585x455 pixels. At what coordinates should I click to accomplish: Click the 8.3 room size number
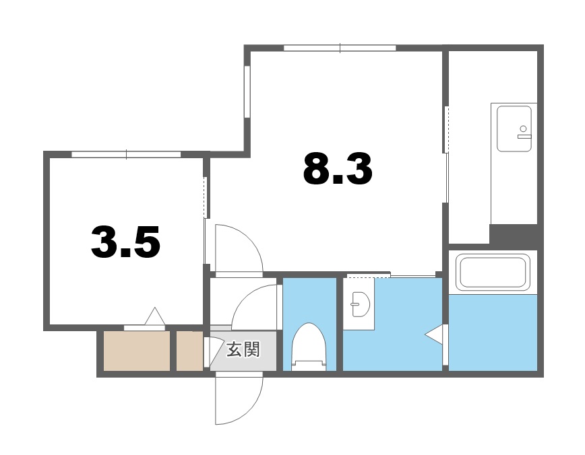tap(338, 169)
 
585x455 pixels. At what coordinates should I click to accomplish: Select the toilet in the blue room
tap(309, 347)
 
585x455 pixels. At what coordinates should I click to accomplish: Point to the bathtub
tap(492, 271)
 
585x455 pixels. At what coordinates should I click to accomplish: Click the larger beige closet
tap(136, 350)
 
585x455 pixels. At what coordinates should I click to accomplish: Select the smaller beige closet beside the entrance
tap(189, 350)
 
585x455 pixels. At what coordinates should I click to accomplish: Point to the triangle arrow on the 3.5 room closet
tap(155, 316)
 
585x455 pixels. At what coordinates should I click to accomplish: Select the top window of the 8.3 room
tap(340, 48)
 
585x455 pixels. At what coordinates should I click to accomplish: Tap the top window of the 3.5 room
tap(126, 155)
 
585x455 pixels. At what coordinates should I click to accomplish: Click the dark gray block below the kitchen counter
tap(514, 236)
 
